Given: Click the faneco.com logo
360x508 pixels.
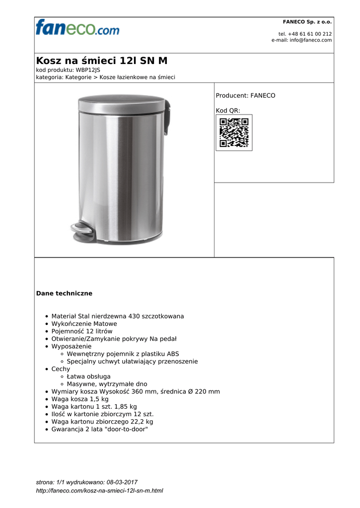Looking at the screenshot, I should pyautogui.click(x=77, y=27).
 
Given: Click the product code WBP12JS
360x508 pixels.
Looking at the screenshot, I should pyautogui.click(x=88, y=70).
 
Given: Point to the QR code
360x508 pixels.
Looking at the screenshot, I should pyautogui.click(x=234, y=132).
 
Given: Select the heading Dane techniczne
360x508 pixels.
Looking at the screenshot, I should pyautogui.click(x=64, y=294).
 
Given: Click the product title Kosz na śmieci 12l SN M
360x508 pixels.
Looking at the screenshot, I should pyautogui.click(x=102, y=61).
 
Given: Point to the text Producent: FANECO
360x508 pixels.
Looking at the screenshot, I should pyautogui.click(x=245, y=96).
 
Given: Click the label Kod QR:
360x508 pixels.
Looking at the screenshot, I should pyautogui.click(x=228, y=111).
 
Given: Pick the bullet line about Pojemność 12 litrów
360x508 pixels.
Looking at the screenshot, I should pyautogui.click(x=82, y=331).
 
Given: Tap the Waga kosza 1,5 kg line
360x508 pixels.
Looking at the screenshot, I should pyautogui.click(x=80, y=399).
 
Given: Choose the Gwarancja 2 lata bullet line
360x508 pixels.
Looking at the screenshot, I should pyautogui.click(x=99, y=429).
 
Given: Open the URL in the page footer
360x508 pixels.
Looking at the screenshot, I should pyautogui.click(x=100, y=491).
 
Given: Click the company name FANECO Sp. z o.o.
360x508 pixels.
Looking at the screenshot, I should pyautogui.click(x=307, y=22).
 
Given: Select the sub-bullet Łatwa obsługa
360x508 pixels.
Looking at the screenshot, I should pyautogui.click(x=89, y=377).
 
